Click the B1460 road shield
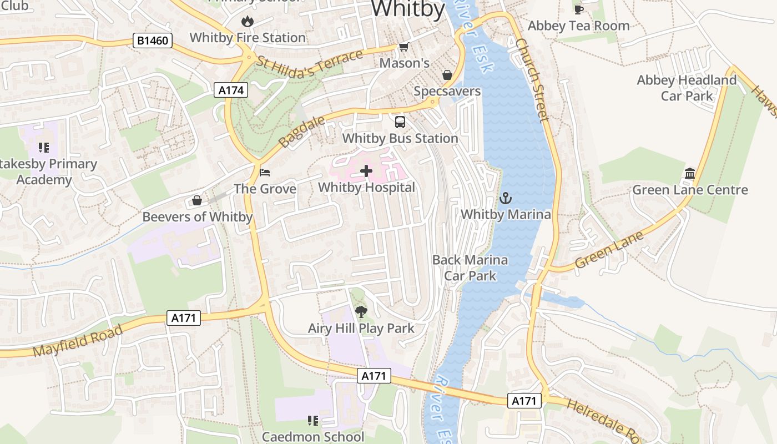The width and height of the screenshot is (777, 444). coord(153,41)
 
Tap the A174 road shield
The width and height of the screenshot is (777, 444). coord(231,90)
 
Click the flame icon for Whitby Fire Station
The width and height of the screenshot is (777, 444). coord(247,22)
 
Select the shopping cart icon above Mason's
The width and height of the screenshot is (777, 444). coord(404,47)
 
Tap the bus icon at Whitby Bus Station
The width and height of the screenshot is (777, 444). coord(400,122)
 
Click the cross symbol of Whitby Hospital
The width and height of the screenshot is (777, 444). coord(366,171)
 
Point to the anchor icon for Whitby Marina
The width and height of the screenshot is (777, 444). coord(506,198)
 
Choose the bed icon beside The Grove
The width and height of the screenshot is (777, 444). coord(265,172)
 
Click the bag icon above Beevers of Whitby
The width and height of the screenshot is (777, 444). coord(197,200)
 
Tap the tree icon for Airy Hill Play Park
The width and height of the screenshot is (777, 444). coord(361,312)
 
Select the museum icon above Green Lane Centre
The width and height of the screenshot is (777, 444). coord(690,173)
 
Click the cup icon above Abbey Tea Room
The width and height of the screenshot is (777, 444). coord(578,9)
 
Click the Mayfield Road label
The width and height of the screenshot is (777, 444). coord(77,342)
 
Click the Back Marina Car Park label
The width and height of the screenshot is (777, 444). coord(470,268)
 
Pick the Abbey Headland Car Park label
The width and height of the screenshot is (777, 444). coord(687,88)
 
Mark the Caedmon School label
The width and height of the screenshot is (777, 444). coord(313,437)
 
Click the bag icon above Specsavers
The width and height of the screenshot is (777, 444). coord(447,75)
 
